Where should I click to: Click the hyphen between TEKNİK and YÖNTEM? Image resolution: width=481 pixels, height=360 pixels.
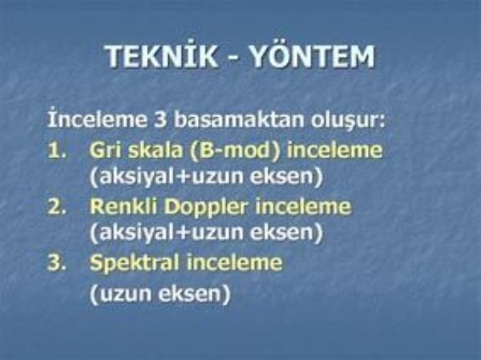(233, 58)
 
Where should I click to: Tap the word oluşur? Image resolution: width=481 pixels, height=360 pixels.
(348, 120)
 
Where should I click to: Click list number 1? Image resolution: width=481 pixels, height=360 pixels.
(57, 151)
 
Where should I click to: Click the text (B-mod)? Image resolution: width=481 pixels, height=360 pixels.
(235, 151)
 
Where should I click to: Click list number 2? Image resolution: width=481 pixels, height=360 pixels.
(57, 207)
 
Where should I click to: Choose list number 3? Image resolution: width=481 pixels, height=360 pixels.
(57, 263)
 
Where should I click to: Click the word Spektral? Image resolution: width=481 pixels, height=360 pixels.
(135, 264)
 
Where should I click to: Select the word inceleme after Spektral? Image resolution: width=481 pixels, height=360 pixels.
(234, 263)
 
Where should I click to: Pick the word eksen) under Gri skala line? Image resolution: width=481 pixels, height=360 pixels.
(286, 177)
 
